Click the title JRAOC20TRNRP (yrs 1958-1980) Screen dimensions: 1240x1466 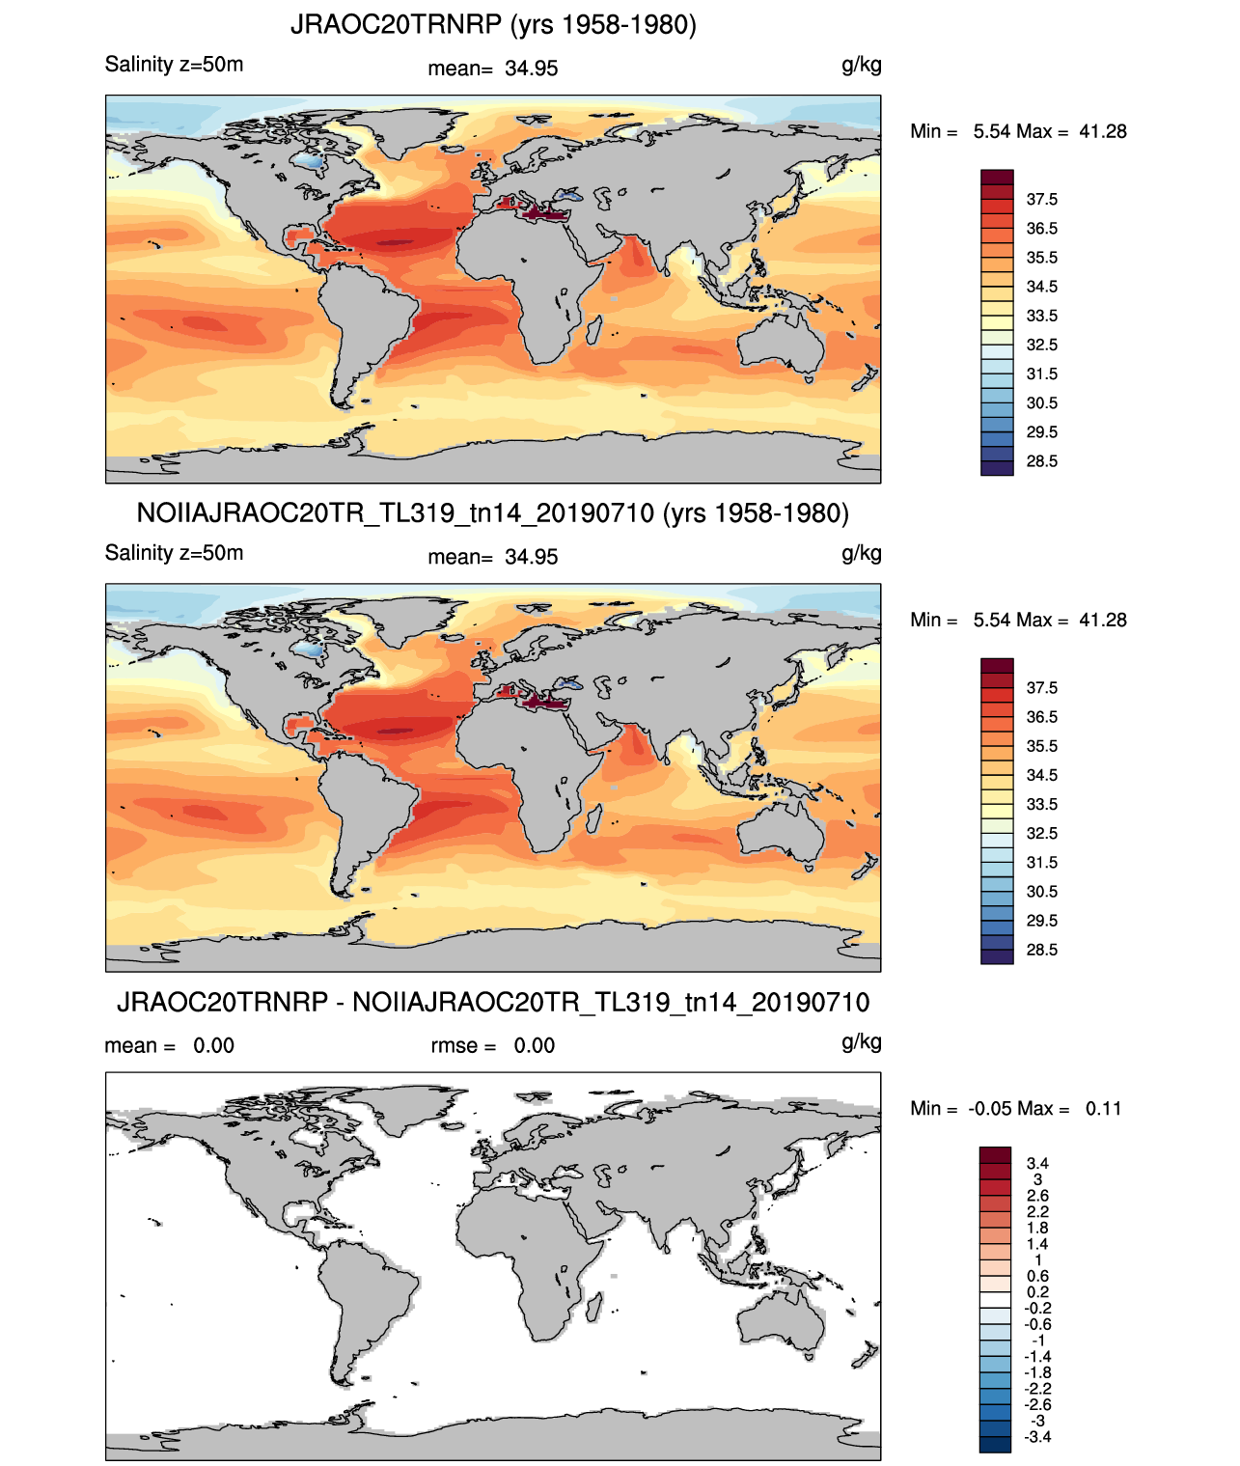pyautogui.click(x=493, y=25)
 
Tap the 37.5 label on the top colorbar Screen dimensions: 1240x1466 pyautogui.click(x=1041, y=200)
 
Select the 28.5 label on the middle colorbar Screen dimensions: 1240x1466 pyautogui.click(x=1041, y=950)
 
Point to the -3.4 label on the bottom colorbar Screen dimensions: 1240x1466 pyautogui.click(x=1037, y=1438)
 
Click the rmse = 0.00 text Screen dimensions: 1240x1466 pyautogui.click(x=493, y=1045)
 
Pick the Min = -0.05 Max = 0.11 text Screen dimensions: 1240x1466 pyautogui.click(x=1016, y=1109)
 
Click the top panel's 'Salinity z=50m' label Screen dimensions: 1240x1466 pyautogui.click(x=175, y=65)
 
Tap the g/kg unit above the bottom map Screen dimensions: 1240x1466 pyautogui.click(x=862, y=1042)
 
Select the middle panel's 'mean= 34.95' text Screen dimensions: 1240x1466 pyautogui.click(x=493, y=557)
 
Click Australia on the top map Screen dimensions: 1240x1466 pyautogui.click(x=780, y=344)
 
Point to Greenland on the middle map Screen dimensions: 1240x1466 pyautogui.click(x=410, y=616)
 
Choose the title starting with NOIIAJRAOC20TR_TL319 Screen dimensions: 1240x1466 pyautogui.click(x=493, y=513)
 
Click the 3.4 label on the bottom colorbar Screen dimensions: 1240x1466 pyautogui.click(x=1037, y=1163)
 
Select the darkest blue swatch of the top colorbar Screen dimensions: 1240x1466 pyautogui.click(x=997, y=468)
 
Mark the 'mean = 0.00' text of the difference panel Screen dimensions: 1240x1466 pyautogui.click(x=170, y=1045)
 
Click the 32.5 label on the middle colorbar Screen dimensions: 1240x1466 pyautogui.click(x=1041, y=833)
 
